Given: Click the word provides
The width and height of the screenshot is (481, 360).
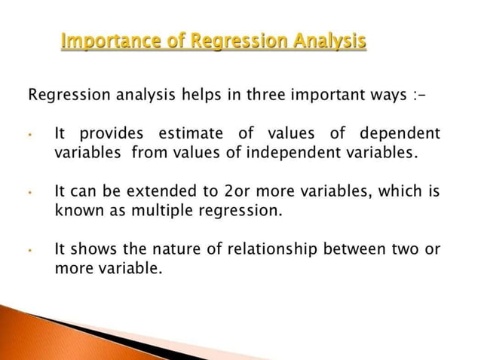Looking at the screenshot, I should coord(111,134).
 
